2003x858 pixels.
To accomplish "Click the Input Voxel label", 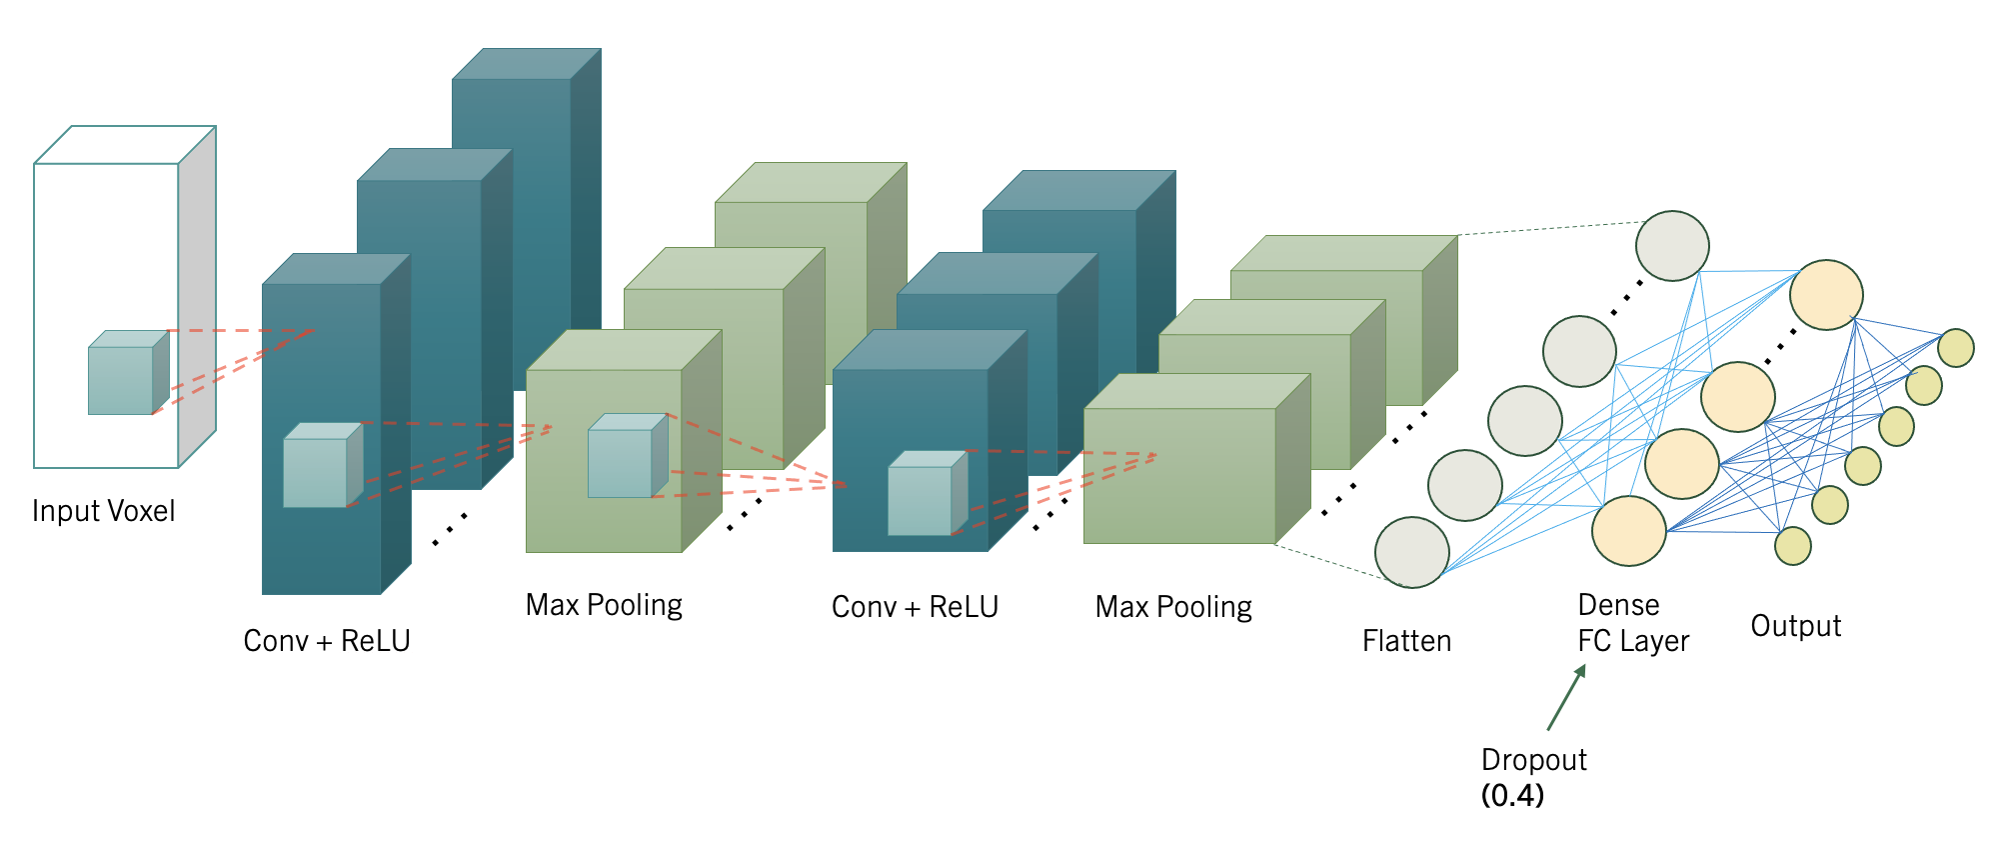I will tap(103, 511).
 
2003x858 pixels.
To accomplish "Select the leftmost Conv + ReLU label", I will tap(327, 640).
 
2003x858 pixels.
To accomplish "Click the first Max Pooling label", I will tap(604, 605).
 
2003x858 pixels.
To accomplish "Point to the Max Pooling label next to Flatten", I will tap(1173, 607).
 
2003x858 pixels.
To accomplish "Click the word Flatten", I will tap(1406, 640).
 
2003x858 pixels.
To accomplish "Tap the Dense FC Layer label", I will tap(1633, 622).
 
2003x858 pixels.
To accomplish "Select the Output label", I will tap(1795, 626).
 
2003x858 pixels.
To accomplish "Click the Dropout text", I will tap(1533, 760).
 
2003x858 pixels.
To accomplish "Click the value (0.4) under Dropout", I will tap(1512, 795).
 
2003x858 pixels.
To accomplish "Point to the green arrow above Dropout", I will tap(1566, 697).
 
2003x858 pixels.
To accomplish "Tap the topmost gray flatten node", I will tap(1672, 246).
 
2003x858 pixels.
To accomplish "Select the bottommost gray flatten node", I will tap(1411, 552).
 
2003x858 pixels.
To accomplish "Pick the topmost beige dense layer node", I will tap(1826, 295).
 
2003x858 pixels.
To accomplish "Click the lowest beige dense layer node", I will tap(1628, 531).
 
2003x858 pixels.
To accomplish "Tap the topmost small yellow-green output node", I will tap(1955, 348).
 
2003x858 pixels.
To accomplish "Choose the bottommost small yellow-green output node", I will tap(1793, 546).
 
